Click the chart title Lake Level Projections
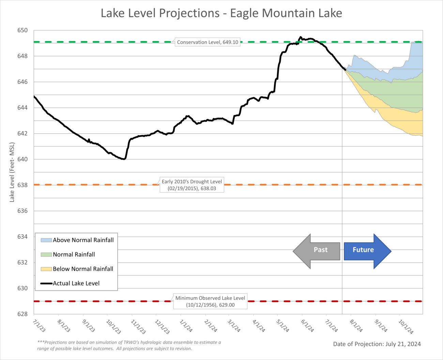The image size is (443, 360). pyautogui.click(x=221, y=13)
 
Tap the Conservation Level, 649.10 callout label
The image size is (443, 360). pyautogui.click(x=207, y=42)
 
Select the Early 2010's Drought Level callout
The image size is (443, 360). pyautogui.click(x=192, y=185)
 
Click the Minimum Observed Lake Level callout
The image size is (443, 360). pyautogui.click(x=210, y=301)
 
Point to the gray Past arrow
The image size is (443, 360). pyautogui.click(x=317, y=251)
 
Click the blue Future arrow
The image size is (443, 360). pyautogui.click(x=367, y=251)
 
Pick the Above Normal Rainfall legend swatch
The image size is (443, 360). pyautogui.click(x=46, y=240)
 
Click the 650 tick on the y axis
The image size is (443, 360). pyautogui.click(x=22, y=30)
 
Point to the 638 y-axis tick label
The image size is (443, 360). pyautogui.click(x=22, y=185)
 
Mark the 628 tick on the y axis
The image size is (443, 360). pyautogui.click(x=22, y=314)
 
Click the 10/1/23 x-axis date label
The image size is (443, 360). pyautogui.click(x=113, y=327)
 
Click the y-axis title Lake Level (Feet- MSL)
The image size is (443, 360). pyautogui.click(x=12, y=172)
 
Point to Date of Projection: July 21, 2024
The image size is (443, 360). pyautogui.click(x=377, y=344)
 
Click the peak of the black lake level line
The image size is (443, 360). pyautogui.click(x=300, y=37)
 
